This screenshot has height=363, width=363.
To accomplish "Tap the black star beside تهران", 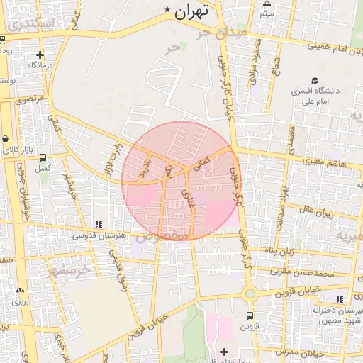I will (167, 10).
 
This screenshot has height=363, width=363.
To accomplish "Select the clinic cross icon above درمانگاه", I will (40, 54).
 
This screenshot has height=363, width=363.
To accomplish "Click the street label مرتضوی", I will (30, 96).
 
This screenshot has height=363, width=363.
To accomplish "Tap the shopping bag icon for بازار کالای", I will (6, 138).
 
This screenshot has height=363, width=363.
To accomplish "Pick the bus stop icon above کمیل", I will (43, 158).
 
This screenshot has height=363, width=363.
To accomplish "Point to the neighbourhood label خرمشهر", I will (71, 269).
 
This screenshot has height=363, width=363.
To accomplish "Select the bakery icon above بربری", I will (19, 290).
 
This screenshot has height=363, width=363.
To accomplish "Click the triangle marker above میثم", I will (267, 3).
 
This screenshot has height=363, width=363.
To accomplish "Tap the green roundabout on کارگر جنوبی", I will (250, 294).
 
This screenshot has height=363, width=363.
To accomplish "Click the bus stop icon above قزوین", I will (250, 315).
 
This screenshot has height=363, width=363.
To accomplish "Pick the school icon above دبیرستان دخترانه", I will (340, 300).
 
